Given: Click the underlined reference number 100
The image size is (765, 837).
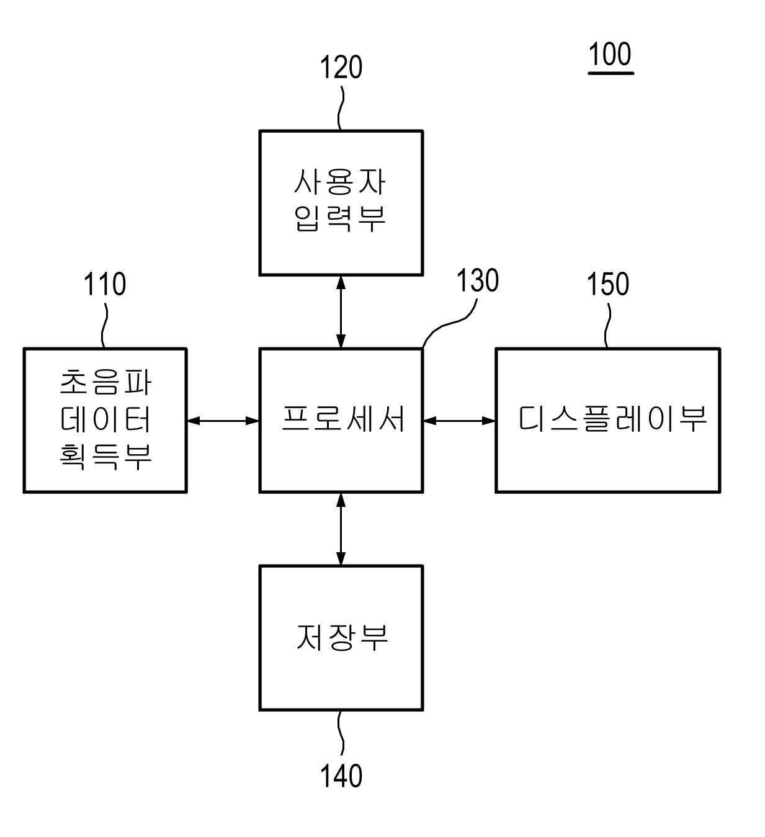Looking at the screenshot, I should pyautogui.click(x=610, y=55).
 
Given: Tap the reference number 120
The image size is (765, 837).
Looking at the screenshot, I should pyautogui.click(x=341, y=67).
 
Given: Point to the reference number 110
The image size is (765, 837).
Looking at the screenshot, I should pyautogui.click(x=105, y=284).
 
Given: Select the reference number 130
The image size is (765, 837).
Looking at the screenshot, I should pyautogui.click(x=477, y=281).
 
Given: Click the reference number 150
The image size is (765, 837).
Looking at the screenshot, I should pyautogui.click(x=608, y=284).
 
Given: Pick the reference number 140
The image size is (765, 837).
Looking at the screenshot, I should pyautogui.click(x=341, y=776).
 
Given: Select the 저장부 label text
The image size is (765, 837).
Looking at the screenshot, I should pyautogui.click(x=342, y=637).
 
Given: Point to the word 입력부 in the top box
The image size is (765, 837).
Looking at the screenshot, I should pyautogui.click(x=341, y=218).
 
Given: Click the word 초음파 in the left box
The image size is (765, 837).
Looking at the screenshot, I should pyautogui.click(x=105, y=382).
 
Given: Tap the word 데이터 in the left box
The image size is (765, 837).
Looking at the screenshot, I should pyautogui.click(x=105, y=419).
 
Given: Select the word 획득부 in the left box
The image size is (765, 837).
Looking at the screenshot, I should pyautogui.click(x=105, y=456).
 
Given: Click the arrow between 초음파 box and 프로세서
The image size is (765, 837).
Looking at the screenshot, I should pyautogui.click(x=223, y=421).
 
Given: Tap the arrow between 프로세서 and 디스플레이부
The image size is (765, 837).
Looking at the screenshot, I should pyautogui.click(x=459, y=421).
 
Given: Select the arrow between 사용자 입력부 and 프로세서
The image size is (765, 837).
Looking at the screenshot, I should pyautogui.click(x=340, y=311).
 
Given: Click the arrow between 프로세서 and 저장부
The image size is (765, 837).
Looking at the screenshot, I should pyautogui.click(x=340, y=529).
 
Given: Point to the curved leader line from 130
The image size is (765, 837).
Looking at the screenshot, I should pyautogui.click(x=449, y=324).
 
